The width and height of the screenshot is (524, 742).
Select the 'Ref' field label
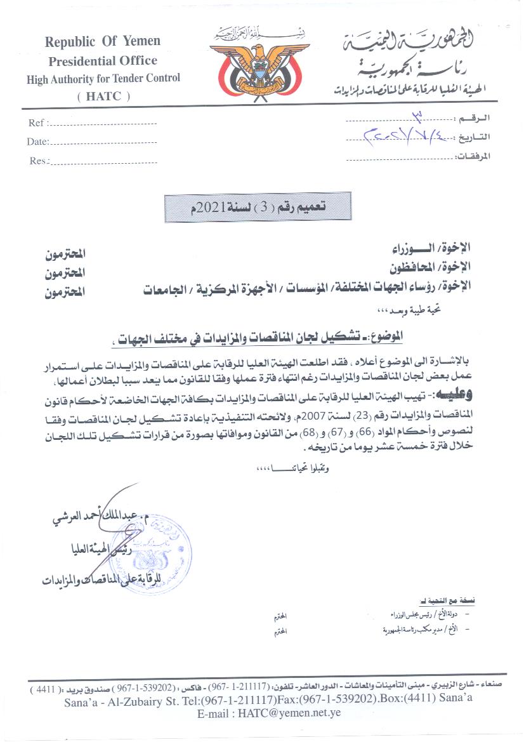click(x=36, y=123)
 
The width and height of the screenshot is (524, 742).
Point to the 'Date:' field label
click(x=38, y=142)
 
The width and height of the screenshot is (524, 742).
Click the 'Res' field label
click(x=38, y=161)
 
